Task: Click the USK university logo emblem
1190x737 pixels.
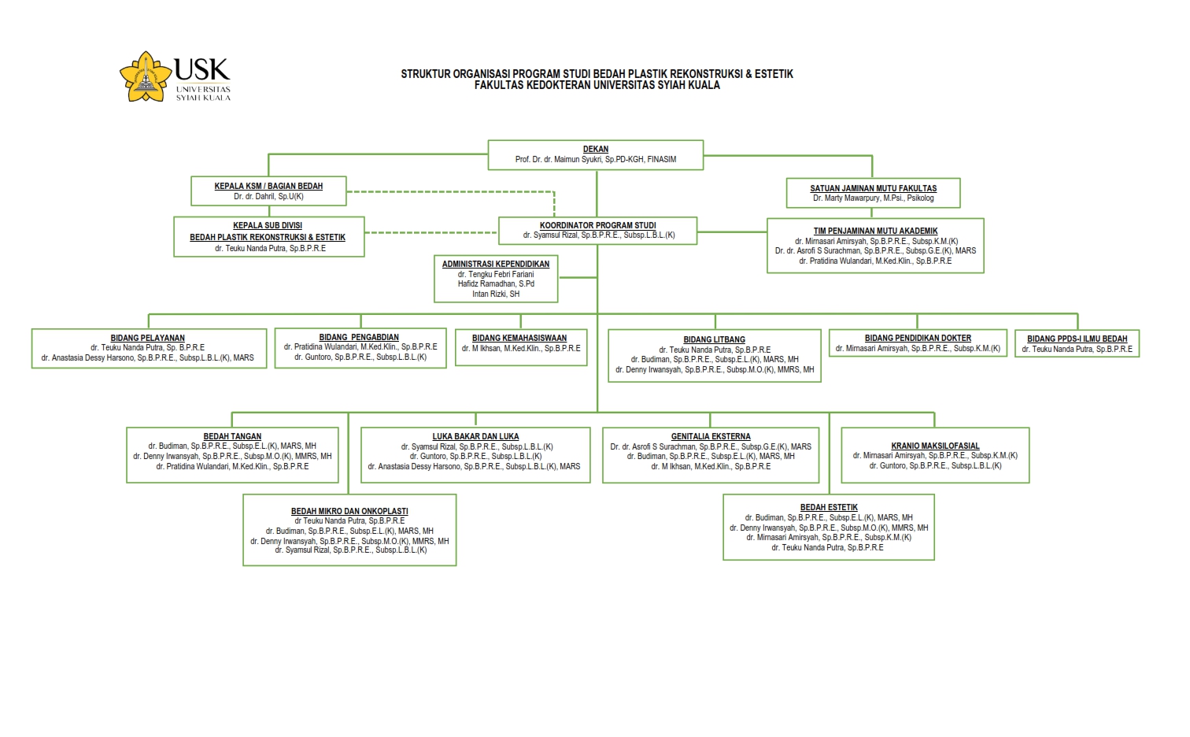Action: click(146, 76)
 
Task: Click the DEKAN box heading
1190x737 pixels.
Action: click(596, 149)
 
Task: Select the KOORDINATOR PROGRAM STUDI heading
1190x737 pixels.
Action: click(597, 225)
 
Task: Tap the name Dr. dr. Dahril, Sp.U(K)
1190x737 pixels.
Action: click(268, 196)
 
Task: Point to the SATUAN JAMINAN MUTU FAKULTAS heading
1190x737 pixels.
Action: click(874, 188)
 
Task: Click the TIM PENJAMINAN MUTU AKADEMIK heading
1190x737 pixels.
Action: click(875, 231)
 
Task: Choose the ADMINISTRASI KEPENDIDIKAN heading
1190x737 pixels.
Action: click(496, 264)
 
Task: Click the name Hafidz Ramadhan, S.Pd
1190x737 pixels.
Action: click(496, 283)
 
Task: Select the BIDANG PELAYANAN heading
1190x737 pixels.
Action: click(148, 338)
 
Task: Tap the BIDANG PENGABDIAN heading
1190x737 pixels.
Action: click(359, 337)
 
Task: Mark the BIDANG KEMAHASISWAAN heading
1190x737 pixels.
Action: click(519, 338)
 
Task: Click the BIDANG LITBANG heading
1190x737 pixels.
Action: click(714, 339)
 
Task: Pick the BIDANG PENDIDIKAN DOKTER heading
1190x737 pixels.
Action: click(918, 338)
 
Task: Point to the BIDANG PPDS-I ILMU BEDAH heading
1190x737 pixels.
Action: click(1077, 339)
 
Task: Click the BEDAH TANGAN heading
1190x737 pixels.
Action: click(232, 436)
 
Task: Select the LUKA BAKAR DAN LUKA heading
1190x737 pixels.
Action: click(475, 436)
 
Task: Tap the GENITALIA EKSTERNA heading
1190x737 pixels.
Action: click(711, 436)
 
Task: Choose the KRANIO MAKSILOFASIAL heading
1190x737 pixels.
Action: click(935, 446)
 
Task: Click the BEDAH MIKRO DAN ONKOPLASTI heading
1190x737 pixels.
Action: click(349, 511)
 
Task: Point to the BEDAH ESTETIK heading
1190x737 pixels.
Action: click(829, 507)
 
